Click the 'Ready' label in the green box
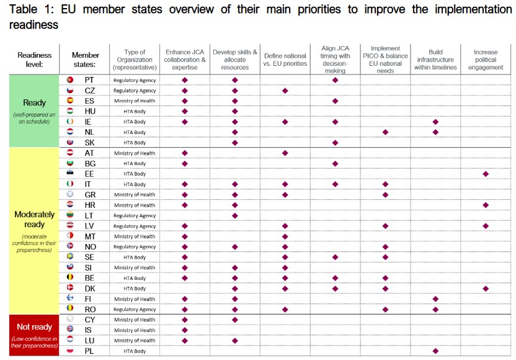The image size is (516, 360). pos(34,102)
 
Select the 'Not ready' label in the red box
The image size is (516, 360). pos(34,326)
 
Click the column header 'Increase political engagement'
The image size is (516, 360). pos(486,60)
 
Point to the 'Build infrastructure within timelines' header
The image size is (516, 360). pos(435,60)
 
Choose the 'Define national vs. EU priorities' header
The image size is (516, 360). pos(285,60)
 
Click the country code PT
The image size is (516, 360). pos(89,80)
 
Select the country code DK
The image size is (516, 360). pos(89,289)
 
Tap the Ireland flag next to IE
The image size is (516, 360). pos(70,122)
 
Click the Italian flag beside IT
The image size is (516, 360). pos(70,184)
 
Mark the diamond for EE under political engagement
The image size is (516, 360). pos(486,174)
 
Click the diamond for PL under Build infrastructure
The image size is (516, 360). pos(435,351)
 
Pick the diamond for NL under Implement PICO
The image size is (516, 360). pos(385,132)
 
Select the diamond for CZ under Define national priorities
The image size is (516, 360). pos(285,91)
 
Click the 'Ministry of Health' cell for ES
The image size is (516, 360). pos(135,101)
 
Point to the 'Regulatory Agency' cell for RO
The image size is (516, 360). pos(135,310)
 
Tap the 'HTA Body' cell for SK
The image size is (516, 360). pos(135,143)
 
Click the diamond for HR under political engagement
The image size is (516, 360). pos(486,205)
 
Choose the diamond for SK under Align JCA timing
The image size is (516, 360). pos(335,143)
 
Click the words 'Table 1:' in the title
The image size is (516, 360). pos(30,10)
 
